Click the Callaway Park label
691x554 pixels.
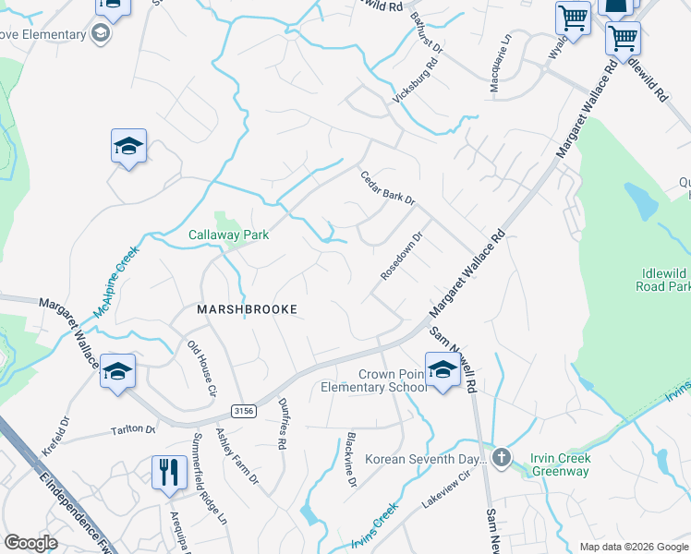(x=229, y=235)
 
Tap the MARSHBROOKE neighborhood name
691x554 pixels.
(x=248, y=310)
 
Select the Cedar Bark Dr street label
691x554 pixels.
(x=388, y=188)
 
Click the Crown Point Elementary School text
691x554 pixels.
(x=392, y=380)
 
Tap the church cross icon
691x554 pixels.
(x=501, y=457)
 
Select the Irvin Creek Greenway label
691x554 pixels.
(x=560, y=465)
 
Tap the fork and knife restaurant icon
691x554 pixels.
(x=168, y=472)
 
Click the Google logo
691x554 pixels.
(x=30, y=543)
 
